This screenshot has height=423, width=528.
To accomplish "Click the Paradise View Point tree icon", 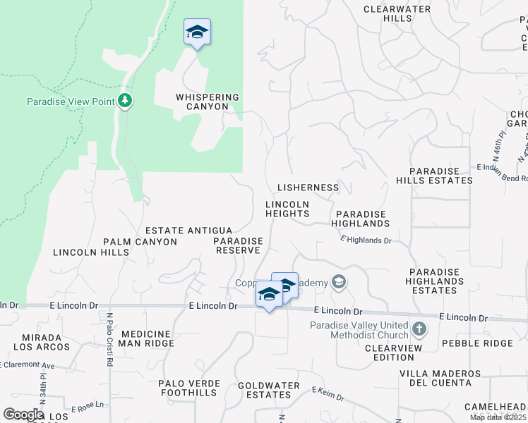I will click(x=126, y=101).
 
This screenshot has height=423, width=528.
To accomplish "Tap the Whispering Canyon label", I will click(x=208, y=102).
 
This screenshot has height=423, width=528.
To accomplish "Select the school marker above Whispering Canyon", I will click(x=198, y=32).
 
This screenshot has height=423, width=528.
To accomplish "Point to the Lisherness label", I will click(x=308, y=188).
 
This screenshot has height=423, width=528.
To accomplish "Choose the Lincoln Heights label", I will click(x=287, y=209).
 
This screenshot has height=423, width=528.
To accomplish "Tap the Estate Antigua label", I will click(x=188, y=231).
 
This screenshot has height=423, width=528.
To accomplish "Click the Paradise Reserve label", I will click(x=239, y=245).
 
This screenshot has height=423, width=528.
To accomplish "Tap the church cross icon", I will click(x=419, y=329).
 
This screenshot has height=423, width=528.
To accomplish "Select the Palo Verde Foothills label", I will click(x=189, y=388).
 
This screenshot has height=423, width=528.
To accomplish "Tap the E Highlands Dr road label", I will click(x=366, y=240).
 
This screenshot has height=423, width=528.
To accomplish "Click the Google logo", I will click(x=23, y=414).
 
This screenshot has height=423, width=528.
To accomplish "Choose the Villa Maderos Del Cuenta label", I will click(x=436, y=378).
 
